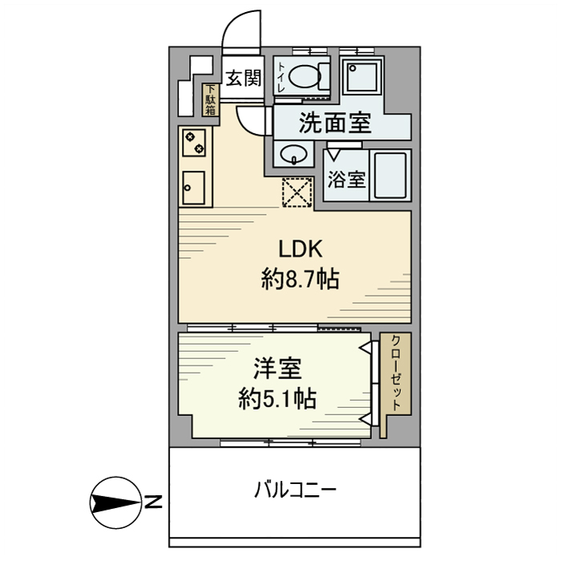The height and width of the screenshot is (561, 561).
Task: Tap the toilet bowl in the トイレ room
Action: (x=305, y=77)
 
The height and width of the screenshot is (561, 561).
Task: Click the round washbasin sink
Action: (x=293, y=154)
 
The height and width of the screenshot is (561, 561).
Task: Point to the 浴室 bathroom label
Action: (x=346, y=179)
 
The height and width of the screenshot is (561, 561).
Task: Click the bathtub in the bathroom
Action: (x=391, y=176)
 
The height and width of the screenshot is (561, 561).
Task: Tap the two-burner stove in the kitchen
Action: (x=194, y=143)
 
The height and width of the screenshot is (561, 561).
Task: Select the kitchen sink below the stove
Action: (x=194, y=188)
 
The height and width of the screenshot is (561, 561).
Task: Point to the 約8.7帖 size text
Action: (x=300, y=280)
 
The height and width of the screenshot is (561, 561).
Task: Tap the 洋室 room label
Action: (x=277, y=369)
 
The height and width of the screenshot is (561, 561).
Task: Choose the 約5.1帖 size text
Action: (x=276, y=398)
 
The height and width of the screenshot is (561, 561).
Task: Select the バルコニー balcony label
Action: (x=295, y=488)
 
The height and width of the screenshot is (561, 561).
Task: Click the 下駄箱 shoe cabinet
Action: (x=210, y=100)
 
